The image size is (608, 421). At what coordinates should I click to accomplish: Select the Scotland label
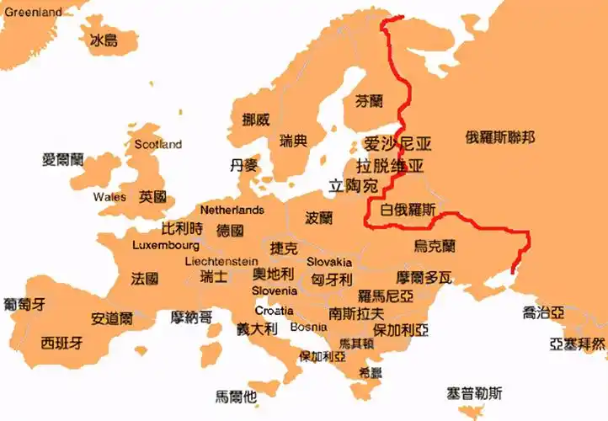tap(157, 144)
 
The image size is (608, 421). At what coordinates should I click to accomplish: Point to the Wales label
tap(109, 197)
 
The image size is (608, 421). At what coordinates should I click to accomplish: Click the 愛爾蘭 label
tap(63, 158)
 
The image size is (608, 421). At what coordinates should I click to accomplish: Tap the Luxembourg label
tap(166, 245)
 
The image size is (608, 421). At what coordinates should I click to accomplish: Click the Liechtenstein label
tap(221, 261)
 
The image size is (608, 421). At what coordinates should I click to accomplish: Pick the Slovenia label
tap(274, 290)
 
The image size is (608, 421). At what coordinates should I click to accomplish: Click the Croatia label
tap(275, 310)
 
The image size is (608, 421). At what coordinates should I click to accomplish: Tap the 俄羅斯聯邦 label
tap(499, 137)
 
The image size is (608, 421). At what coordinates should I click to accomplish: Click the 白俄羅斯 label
tap(408, 210)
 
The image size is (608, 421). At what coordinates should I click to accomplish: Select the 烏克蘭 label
tap(435, 246)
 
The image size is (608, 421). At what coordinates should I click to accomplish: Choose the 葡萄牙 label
tap(24, 303)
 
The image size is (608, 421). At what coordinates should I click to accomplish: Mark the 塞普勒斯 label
tap(475, 392)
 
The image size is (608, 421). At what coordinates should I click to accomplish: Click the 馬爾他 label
tap(236, 395)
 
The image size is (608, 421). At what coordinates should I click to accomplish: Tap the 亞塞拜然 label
tap(577, 344)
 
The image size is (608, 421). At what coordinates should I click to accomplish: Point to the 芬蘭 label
tap(370, 101)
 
